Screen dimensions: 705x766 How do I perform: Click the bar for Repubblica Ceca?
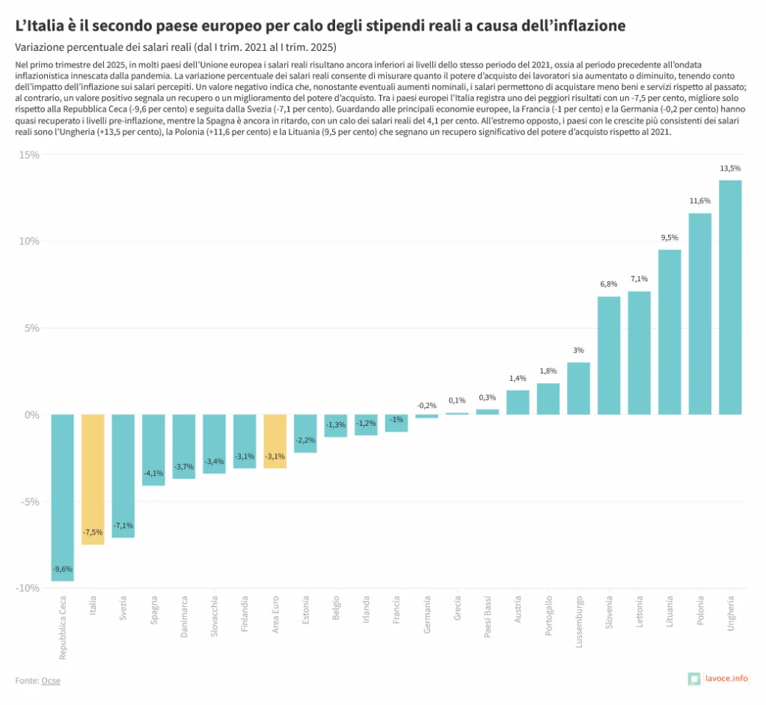point(62,497)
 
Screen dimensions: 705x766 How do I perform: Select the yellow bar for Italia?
point(93,479)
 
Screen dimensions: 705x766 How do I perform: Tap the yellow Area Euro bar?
point(275,441)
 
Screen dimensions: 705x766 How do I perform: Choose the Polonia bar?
point(699,314)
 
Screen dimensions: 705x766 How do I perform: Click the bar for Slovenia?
point(609,355)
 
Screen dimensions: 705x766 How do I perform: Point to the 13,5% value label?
point(730,168)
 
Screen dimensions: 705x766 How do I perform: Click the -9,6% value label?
point(62,570)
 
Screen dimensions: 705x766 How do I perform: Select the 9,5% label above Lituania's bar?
point(670,237)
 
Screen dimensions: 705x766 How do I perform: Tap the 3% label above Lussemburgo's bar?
point(578,350)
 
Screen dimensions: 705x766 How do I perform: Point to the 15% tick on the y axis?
point(29,155)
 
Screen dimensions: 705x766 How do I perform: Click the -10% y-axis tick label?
point(28,587)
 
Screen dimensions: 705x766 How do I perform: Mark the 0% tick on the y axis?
point(31,415)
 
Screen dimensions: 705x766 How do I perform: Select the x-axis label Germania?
point(427,615)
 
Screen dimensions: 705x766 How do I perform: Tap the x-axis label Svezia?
point(123,611)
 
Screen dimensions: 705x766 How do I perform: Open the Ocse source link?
point(51,680)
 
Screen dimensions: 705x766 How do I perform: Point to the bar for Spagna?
point(153,450)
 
